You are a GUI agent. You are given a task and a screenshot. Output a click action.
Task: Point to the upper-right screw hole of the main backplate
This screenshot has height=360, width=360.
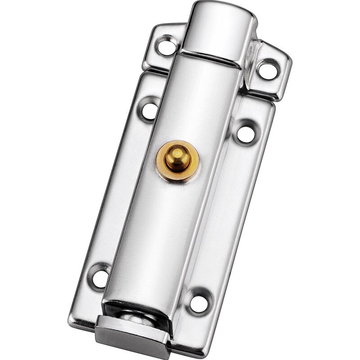(245, 133)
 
